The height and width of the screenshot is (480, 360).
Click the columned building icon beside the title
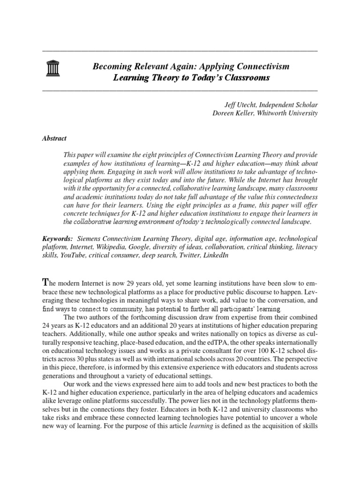51,70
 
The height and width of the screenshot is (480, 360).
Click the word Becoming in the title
110,67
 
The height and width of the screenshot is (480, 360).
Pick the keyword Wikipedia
111,247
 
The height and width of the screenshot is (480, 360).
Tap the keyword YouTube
71,255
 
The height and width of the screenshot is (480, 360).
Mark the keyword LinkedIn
214,255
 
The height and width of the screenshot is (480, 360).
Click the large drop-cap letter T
45,282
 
